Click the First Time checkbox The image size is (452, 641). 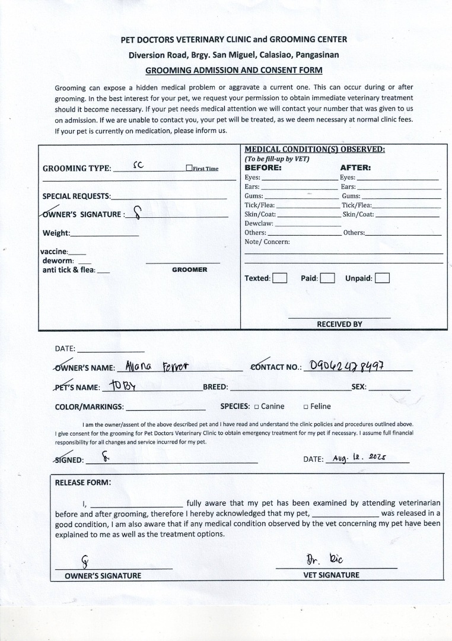tap(189, 168)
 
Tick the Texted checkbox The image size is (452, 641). tap(280, 278)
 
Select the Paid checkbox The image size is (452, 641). tap(327, 278)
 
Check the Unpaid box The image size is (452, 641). tap(382, 278)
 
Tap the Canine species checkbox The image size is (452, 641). tap(256, 407)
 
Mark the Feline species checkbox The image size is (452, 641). tap(305, 407)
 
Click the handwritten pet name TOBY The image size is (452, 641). tap(123, 386)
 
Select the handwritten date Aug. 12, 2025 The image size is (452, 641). tap(359, 458)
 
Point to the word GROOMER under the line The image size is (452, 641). tap(189, 269)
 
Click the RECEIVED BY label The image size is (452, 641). tap(339, 324)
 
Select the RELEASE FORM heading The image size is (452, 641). tap(82, 482)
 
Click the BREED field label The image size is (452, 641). tap(215, 387)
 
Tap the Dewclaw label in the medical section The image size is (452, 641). tap(259, 223)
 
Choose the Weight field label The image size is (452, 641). tap(56, 233)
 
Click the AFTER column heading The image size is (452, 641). tap(355, 167)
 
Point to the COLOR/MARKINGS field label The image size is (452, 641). tap(89, 407)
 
